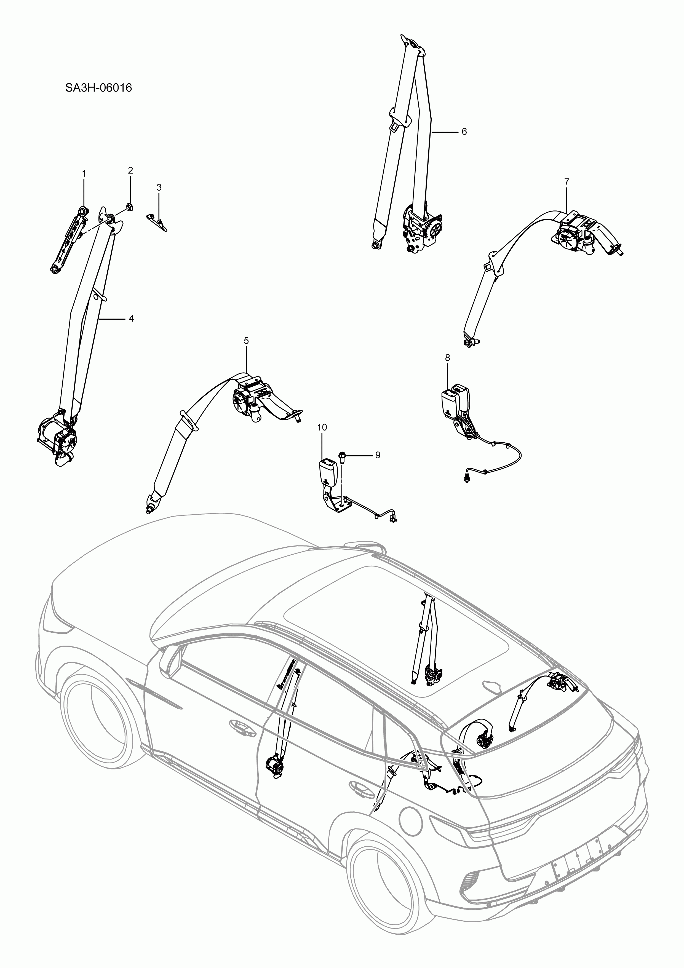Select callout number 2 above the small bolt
130,170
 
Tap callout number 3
159,187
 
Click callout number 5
246,340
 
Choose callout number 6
464,132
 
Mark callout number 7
566,182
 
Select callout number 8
447,357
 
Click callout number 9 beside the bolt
377,455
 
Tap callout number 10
322,427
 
